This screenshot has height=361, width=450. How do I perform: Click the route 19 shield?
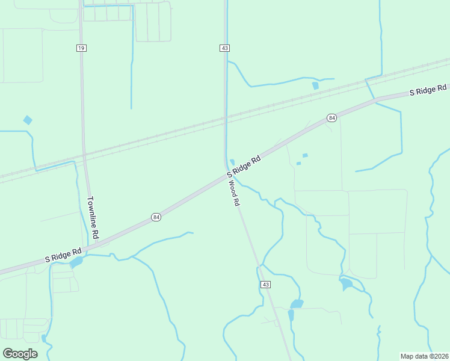tap(81, 48)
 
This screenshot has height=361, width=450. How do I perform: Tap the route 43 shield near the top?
tap(224, 48)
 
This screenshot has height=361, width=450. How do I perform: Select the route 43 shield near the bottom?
tap(265, 284)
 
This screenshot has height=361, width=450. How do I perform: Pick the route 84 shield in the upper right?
tap(331, 118)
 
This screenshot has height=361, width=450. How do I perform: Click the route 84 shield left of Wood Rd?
tap(156, 217)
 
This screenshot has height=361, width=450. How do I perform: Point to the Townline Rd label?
tap(93, 217)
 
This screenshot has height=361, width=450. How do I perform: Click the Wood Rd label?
tap(233, 193)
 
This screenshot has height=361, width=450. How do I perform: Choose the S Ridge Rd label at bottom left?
tap(63, 255)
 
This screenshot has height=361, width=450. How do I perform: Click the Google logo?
tap(20, 353)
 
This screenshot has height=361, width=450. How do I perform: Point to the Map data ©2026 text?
tap(424, 356)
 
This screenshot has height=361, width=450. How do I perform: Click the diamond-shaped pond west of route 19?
tap(28, 120)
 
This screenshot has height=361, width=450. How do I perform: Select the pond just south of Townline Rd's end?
tap(76, 262)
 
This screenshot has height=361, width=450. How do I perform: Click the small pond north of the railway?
tap(315, 86)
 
